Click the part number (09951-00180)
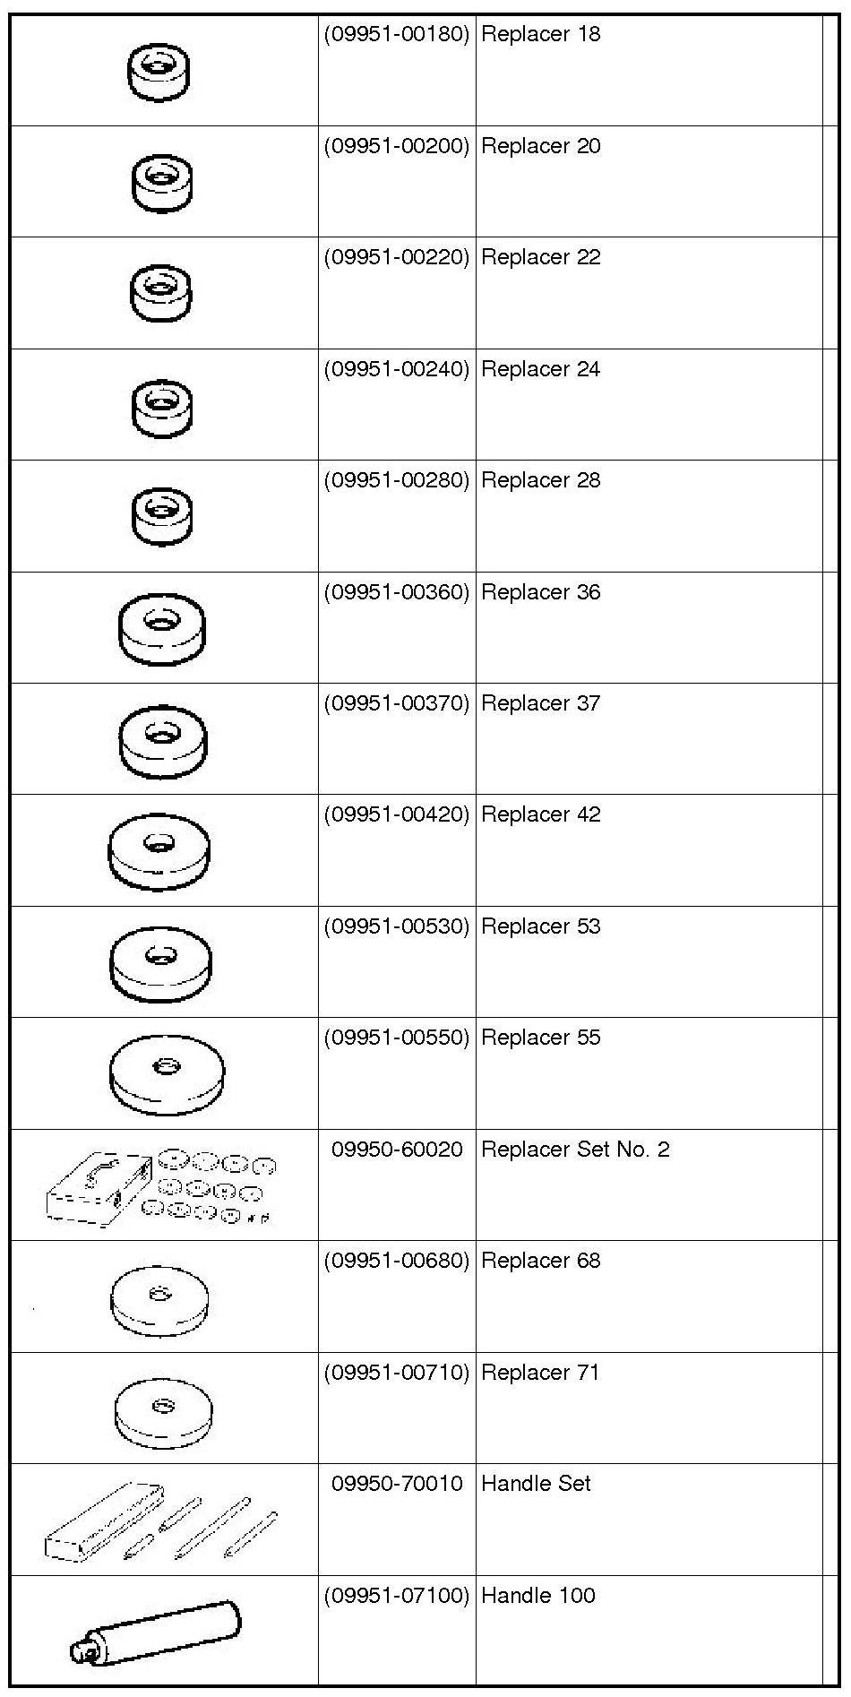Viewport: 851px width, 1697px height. pos(396,35)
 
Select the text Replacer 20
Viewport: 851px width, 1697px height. pos(540,146)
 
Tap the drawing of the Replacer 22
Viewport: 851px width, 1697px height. pos(161,292)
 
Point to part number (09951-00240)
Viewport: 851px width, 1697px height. pos(396,369)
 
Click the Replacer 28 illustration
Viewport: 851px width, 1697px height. pos(161,515)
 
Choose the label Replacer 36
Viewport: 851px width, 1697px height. pos(540,592)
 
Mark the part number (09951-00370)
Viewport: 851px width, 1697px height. pos(396,703)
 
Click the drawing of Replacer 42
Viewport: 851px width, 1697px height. pos(159,850)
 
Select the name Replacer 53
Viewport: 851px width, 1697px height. pos(540,926)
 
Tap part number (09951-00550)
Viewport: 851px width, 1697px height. pos(396,1038)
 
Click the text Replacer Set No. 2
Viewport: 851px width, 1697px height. pos(575,1150)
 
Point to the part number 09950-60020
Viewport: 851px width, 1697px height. pos(397,1150)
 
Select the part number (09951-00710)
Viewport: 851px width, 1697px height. pos(396,1373)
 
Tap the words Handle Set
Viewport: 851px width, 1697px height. pos(536,1484)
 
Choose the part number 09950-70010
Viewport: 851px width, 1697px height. pos(397,1484)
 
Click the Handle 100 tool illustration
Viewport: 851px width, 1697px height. pos(157,1632)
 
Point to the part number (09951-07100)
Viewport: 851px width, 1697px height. pos(396,1596)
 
